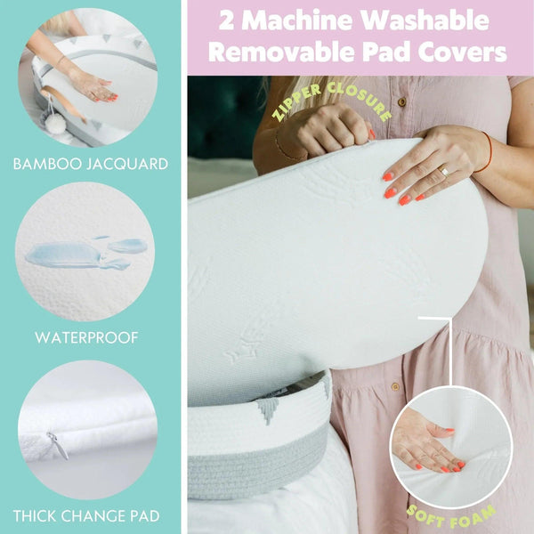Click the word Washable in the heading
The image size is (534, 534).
425,21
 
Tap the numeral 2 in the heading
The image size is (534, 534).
227,21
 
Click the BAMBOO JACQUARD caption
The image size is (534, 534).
91,164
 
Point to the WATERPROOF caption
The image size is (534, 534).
86,338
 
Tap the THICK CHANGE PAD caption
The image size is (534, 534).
86,516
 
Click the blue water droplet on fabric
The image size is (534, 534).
85,254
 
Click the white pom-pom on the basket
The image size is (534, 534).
55,124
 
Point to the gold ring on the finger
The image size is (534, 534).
443,170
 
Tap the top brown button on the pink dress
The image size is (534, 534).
402,101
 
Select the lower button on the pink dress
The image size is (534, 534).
395,387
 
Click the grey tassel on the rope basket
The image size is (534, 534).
268,409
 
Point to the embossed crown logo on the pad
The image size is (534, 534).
242,345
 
